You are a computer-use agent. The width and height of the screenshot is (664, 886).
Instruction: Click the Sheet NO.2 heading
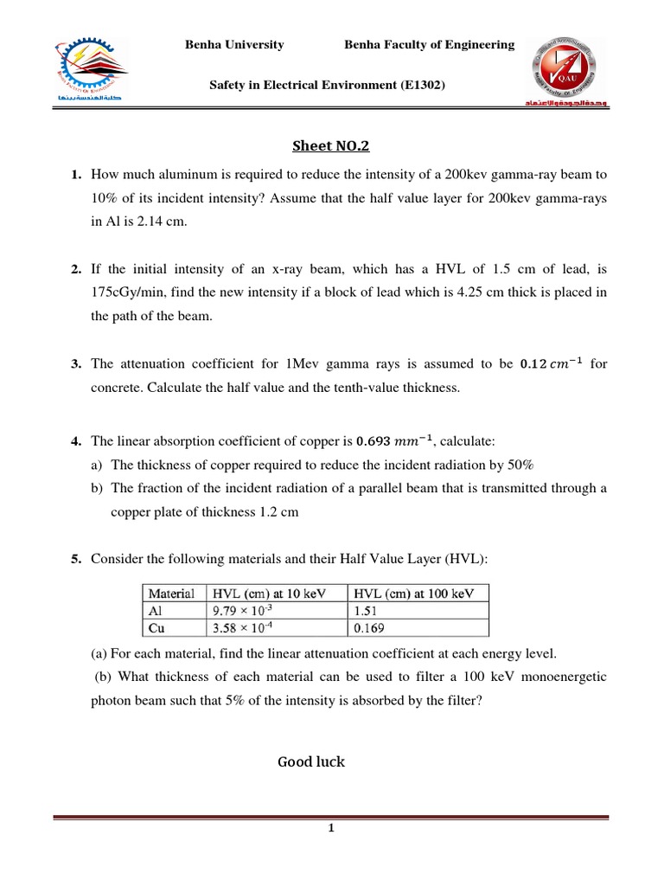pos(332,148)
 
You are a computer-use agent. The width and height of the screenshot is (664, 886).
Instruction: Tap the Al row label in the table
pos(156,609)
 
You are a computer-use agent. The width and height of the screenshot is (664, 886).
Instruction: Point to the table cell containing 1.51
pos(363,609)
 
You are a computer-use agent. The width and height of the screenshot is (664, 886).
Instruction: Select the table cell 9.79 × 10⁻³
pos(245,609)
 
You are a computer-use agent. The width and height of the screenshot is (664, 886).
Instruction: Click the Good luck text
pos(310,761)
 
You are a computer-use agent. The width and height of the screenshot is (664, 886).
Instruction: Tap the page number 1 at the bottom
pos(330,829)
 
